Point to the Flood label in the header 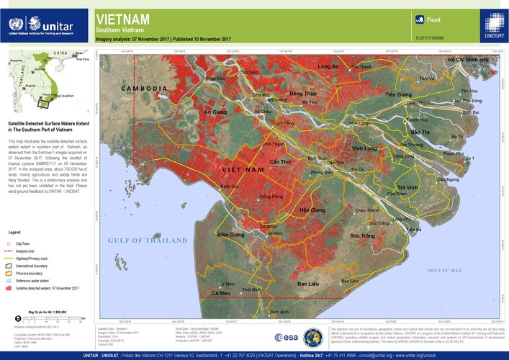433,20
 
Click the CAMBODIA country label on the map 144,89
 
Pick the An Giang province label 215,113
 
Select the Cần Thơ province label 280,163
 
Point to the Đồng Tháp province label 302,94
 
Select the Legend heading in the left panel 14,233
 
